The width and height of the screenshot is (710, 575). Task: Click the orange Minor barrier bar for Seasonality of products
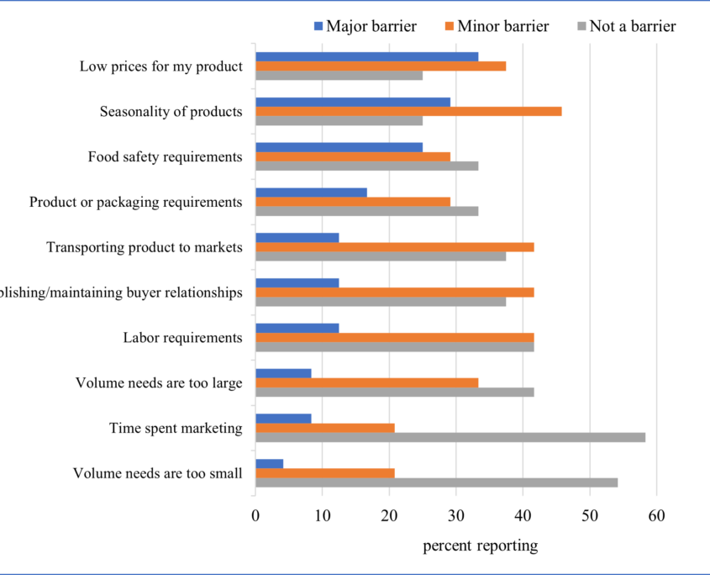tap(408, 111)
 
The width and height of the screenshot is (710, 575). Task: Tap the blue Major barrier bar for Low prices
tap(366, 56)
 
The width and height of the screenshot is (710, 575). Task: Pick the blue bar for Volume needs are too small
tap(269, 463)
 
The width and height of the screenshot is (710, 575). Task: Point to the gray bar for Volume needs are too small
tap(436, 483)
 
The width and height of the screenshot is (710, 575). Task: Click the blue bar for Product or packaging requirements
tap(311, 193)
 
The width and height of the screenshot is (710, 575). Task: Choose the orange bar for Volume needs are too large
tap(366, 382)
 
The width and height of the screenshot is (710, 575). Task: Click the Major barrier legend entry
tap(366, 26)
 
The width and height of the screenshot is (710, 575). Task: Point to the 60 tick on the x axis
tap(656, 515)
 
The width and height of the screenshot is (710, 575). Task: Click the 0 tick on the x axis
tap(255, 515)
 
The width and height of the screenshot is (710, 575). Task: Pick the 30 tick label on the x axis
tap(456, 515)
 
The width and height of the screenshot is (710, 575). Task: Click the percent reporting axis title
tap(480, 546)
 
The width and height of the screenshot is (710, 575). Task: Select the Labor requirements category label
tap(182, 338)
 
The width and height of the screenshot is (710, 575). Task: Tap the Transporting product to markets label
tap(145, 247)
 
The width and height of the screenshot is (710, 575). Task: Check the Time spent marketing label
tap(176, 429)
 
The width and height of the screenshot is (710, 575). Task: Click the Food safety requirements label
tap(166, 156)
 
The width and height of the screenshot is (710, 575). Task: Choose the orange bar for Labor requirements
tap(394, 337)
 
